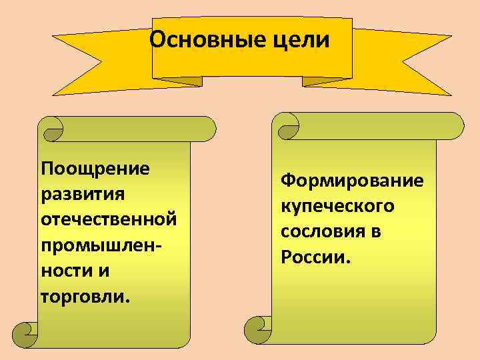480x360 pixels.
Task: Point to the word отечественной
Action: click(x=109, y=219)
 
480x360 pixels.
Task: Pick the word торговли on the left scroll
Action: click(x=81, y=295)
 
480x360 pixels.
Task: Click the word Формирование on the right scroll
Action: click(x=351, y=181)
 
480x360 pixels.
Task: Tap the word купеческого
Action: click(x=337, y=206)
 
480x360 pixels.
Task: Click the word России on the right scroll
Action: click(x=313, y=257)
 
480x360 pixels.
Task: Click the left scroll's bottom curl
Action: click(x=27, y=331)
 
